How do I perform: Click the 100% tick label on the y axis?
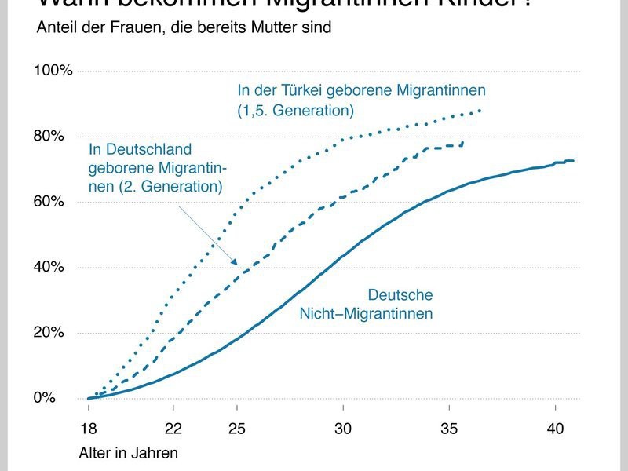point(53,71)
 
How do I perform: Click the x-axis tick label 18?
point(89,429)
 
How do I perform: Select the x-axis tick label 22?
point(173,429)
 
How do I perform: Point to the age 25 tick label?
point(237,429)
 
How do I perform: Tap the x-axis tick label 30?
point(343,429)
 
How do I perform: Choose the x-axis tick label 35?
point(449,429)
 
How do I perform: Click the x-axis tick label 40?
point(555,429)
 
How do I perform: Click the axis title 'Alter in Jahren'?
point(128,453)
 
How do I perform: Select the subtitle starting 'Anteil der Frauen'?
point(184,27)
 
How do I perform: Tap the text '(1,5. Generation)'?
point(296,109)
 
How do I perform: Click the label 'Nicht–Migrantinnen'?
point(367,314)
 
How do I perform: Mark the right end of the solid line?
point(574,161)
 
